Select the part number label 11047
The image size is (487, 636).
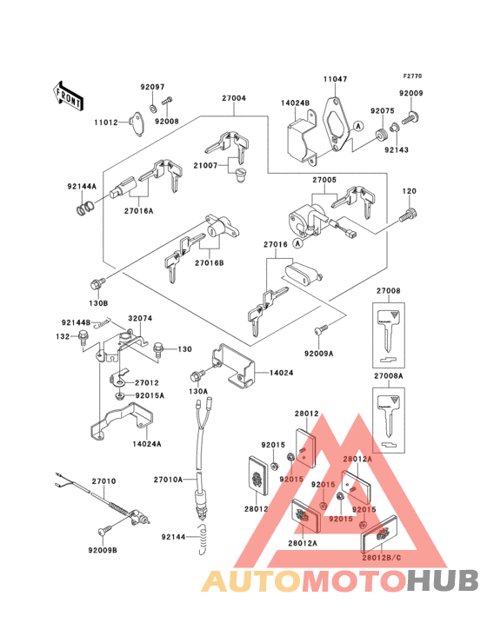[x=336, y=79]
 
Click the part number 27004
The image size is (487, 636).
[x=232, y=98]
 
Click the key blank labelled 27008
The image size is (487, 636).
[x=388, y=332]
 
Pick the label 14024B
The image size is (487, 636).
[x=295, y=103]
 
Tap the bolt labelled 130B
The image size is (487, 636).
[x=97, y=283]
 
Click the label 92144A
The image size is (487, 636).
[x=83, y=186]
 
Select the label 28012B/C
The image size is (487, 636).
[x=382, y=556]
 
